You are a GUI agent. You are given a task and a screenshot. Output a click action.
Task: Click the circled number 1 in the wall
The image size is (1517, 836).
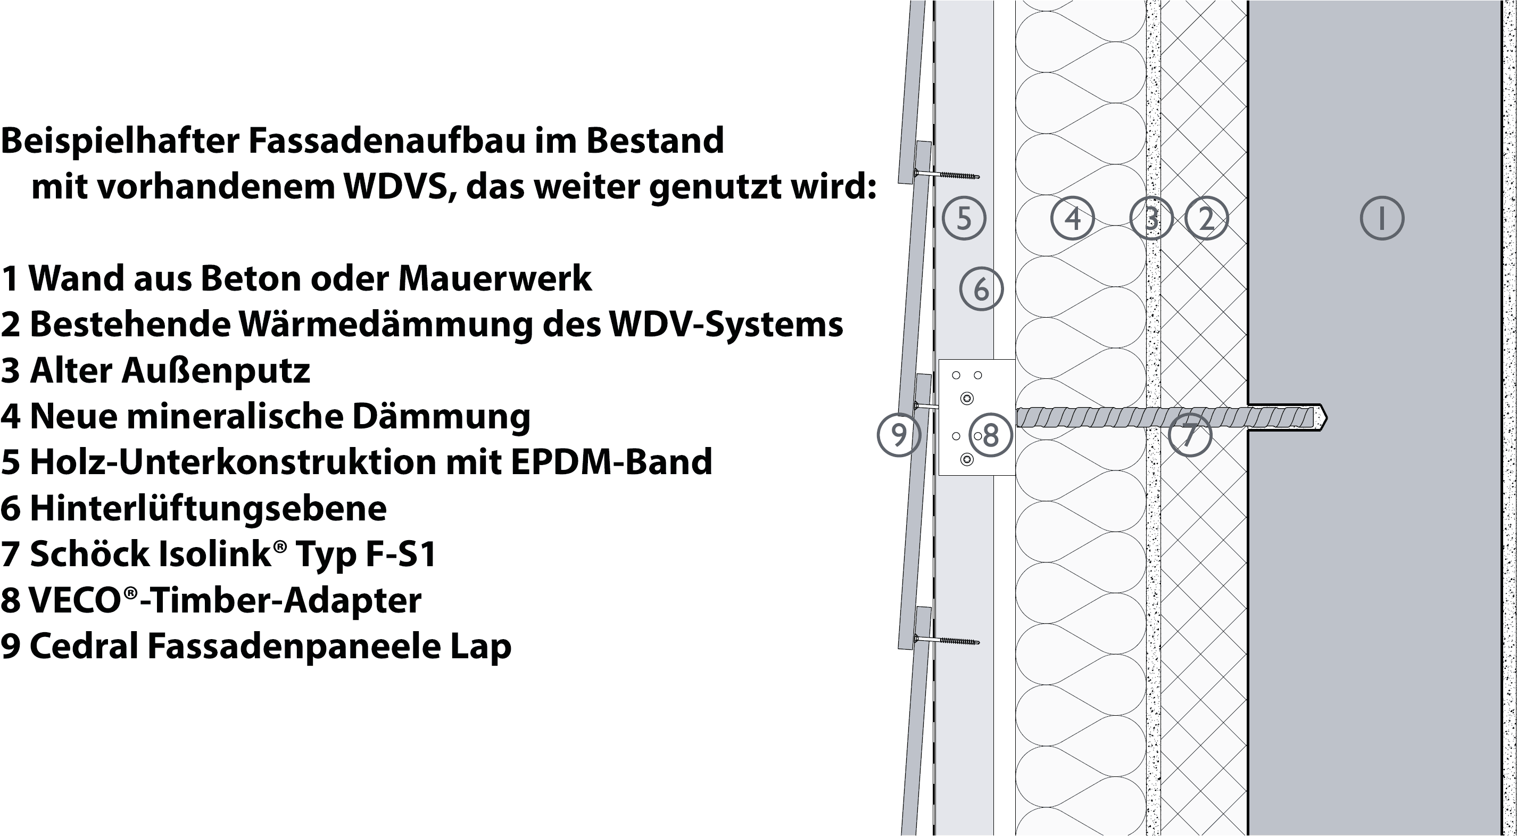(x=1381, y=218)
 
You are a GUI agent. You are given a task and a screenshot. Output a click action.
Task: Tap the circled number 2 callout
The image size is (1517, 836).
(x=1206, y=218)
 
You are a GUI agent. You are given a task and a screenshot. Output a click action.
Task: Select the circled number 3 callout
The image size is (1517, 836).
(x=1151, y=218)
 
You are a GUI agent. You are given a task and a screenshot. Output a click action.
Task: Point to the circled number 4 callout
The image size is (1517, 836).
(x=1072, y=218)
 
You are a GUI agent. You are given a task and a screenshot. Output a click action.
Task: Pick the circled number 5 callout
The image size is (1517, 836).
(x=964, y=218)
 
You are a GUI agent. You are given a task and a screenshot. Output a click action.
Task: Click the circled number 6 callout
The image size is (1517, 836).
(x=981, y=288)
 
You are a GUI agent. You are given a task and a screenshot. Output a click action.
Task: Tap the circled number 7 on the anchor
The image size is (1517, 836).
(x=1190, y=435)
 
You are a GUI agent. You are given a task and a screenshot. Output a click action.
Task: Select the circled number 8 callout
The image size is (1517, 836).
(x=991, y=435)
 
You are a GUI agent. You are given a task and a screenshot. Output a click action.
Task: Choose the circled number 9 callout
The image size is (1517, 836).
(x=899, y=435)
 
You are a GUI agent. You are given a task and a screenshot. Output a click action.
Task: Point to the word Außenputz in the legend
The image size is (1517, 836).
(x=215, y=371)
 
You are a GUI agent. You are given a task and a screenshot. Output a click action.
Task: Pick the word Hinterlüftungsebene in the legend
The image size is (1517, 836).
(x=208, y=508)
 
